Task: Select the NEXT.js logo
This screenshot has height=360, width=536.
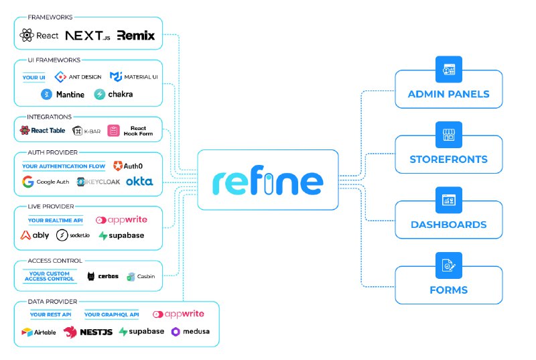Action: click(88, 36)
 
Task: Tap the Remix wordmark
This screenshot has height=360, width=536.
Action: click(136, 36)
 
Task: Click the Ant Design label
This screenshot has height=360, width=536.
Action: click(78, 77)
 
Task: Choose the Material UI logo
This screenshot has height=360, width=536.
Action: click(133, 77)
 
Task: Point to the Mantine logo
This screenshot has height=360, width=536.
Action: click(63, 95)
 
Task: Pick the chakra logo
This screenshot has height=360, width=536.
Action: click(113, 95)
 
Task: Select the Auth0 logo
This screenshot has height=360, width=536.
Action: click(128, 166)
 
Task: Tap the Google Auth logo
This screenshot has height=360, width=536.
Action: click(45, 182)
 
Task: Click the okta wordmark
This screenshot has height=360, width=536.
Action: click(139, 182)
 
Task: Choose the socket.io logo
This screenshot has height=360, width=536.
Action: click(71, 235)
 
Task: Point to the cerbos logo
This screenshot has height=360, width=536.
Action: click(103, 276)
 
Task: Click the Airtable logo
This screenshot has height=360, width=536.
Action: click(39, 332)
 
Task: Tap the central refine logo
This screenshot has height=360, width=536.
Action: click(268, 182)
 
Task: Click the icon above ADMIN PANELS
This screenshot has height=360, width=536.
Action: click(448, 70)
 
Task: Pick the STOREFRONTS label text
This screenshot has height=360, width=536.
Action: click(448, 160)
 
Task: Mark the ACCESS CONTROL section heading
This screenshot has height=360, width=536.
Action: click(55, 261)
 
